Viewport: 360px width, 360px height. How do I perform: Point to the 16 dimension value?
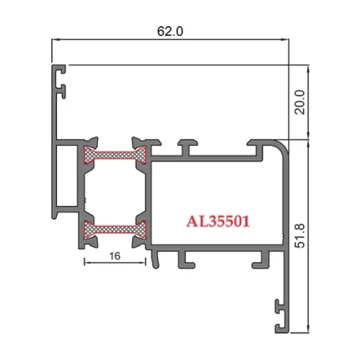tap(115, 259)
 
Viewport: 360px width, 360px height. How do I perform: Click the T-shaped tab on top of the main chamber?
tap(188, 146)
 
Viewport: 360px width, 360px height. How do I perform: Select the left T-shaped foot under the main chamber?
tap(178, 256)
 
